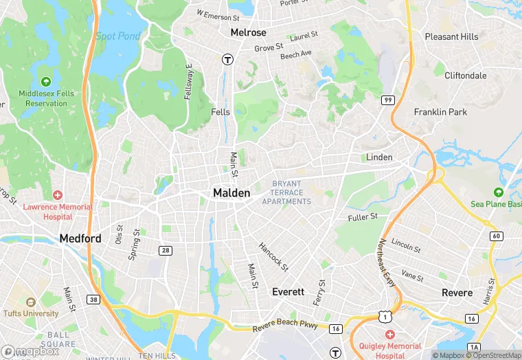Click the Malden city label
[231, 193]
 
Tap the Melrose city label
[248, 32]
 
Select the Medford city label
[80, 238]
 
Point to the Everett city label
[288, 291]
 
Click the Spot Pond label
[117, 36]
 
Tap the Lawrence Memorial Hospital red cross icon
[57, 195]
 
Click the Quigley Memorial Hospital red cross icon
[390, 335]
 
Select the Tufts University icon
[30, 302]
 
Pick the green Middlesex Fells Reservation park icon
[45, 81]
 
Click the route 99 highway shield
[388, 100]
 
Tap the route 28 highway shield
[165, 250]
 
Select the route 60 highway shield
[496, 236]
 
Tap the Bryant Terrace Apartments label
[286, 192]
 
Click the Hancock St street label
[273, 256]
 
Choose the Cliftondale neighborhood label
[464, 76]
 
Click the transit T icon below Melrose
[226, 60]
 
